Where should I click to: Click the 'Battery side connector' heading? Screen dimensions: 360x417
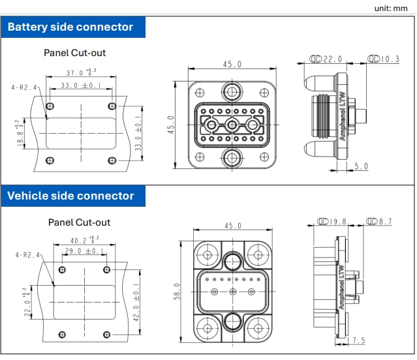click(70, 27)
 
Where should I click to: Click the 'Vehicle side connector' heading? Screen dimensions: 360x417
click(70, 196)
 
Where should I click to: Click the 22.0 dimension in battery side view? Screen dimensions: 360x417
click(332, 59)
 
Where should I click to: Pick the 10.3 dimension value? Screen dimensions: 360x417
click(389, 59)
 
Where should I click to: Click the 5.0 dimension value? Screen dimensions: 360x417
click(361, 166)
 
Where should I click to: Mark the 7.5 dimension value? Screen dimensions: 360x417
click(359, 340)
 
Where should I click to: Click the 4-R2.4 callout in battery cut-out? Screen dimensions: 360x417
click(24, 87)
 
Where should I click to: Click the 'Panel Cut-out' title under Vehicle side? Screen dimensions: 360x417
click(79, 222)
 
